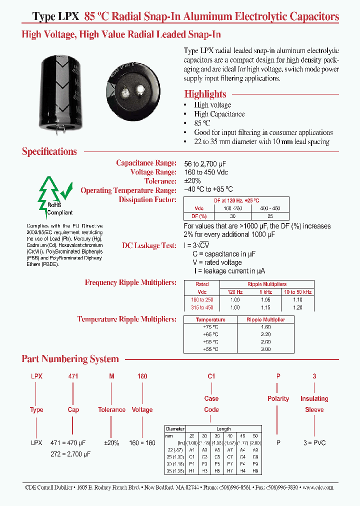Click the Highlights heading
click(205, 94)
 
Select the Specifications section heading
click(49, 151)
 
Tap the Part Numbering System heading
click(70, 359)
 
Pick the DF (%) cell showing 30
click(231, 216)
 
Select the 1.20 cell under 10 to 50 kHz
click(297, 307)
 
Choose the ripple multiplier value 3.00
click(266, 349)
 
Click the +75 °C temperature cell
click(210, 326)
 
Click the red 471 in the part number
click(73, 376)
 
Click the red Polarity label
click(278, 398)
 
